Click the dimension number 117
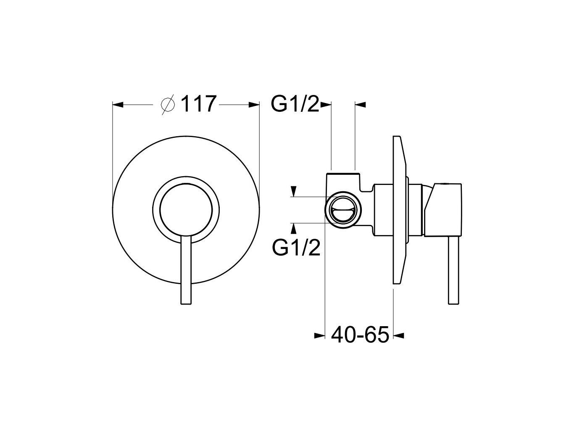tap(198, 104)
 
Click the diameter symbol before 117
tap(168, 104)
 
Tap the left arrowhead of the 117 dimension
tap(119, 104)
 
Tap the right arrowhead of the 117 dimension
tap(254, 104)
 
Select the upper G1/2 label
tap(295, 104)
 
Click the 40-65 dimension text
tap(360, 335)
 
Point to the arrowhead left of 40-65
tap(320, 335)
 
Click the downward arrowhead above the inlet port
tap(293, 191)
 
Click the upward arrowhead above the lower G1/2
tap(293, 227)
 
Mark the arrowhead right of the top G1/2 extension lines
tap(361, 104)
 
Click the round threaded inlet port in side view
tap(343, 209)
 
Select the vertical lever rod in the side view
tap(454, 269)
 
